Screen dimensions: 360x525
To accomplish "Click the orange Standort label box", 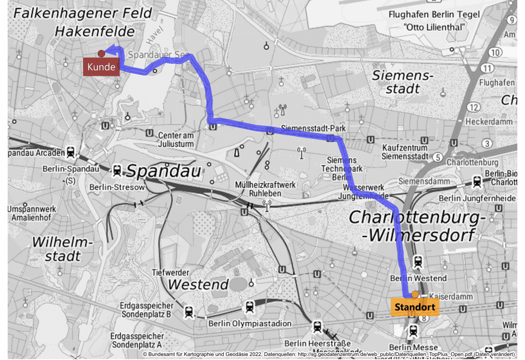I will point(414,307).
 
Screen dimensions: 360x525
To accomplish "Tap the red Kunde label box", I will point(101,67).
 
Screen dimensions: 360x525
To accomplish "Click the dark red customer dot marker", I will point(101,54).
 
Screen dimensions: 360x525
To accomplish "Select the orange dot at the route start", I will point(415,294).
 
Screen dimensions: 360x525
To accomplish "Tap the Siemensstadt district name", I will point(402,82).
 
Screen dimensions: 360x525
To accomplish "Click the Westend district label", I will point(198,284).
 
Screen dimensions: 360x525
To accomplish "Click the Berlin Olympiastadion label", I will point(250,323).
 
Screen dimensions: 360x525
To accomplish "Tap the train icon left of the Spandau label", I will point(117,170).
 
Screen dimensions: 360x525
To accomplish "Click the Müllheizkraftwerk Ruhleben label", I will point(265,189).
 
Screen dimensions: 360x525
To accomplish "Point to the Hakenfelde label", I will point(95,32).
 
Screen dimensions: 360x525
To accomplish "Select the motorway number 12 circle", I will point(474,107).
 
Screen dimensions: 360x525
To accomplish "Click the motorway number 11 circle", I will point(488,68).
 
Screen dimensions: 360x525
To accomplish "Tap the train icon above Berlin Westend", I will point(418,261).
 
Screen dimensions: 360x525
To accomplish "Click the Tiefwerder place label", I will point(171,272).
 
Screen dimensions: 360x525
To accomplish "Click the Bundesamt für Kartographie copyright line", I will point(328,354).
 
